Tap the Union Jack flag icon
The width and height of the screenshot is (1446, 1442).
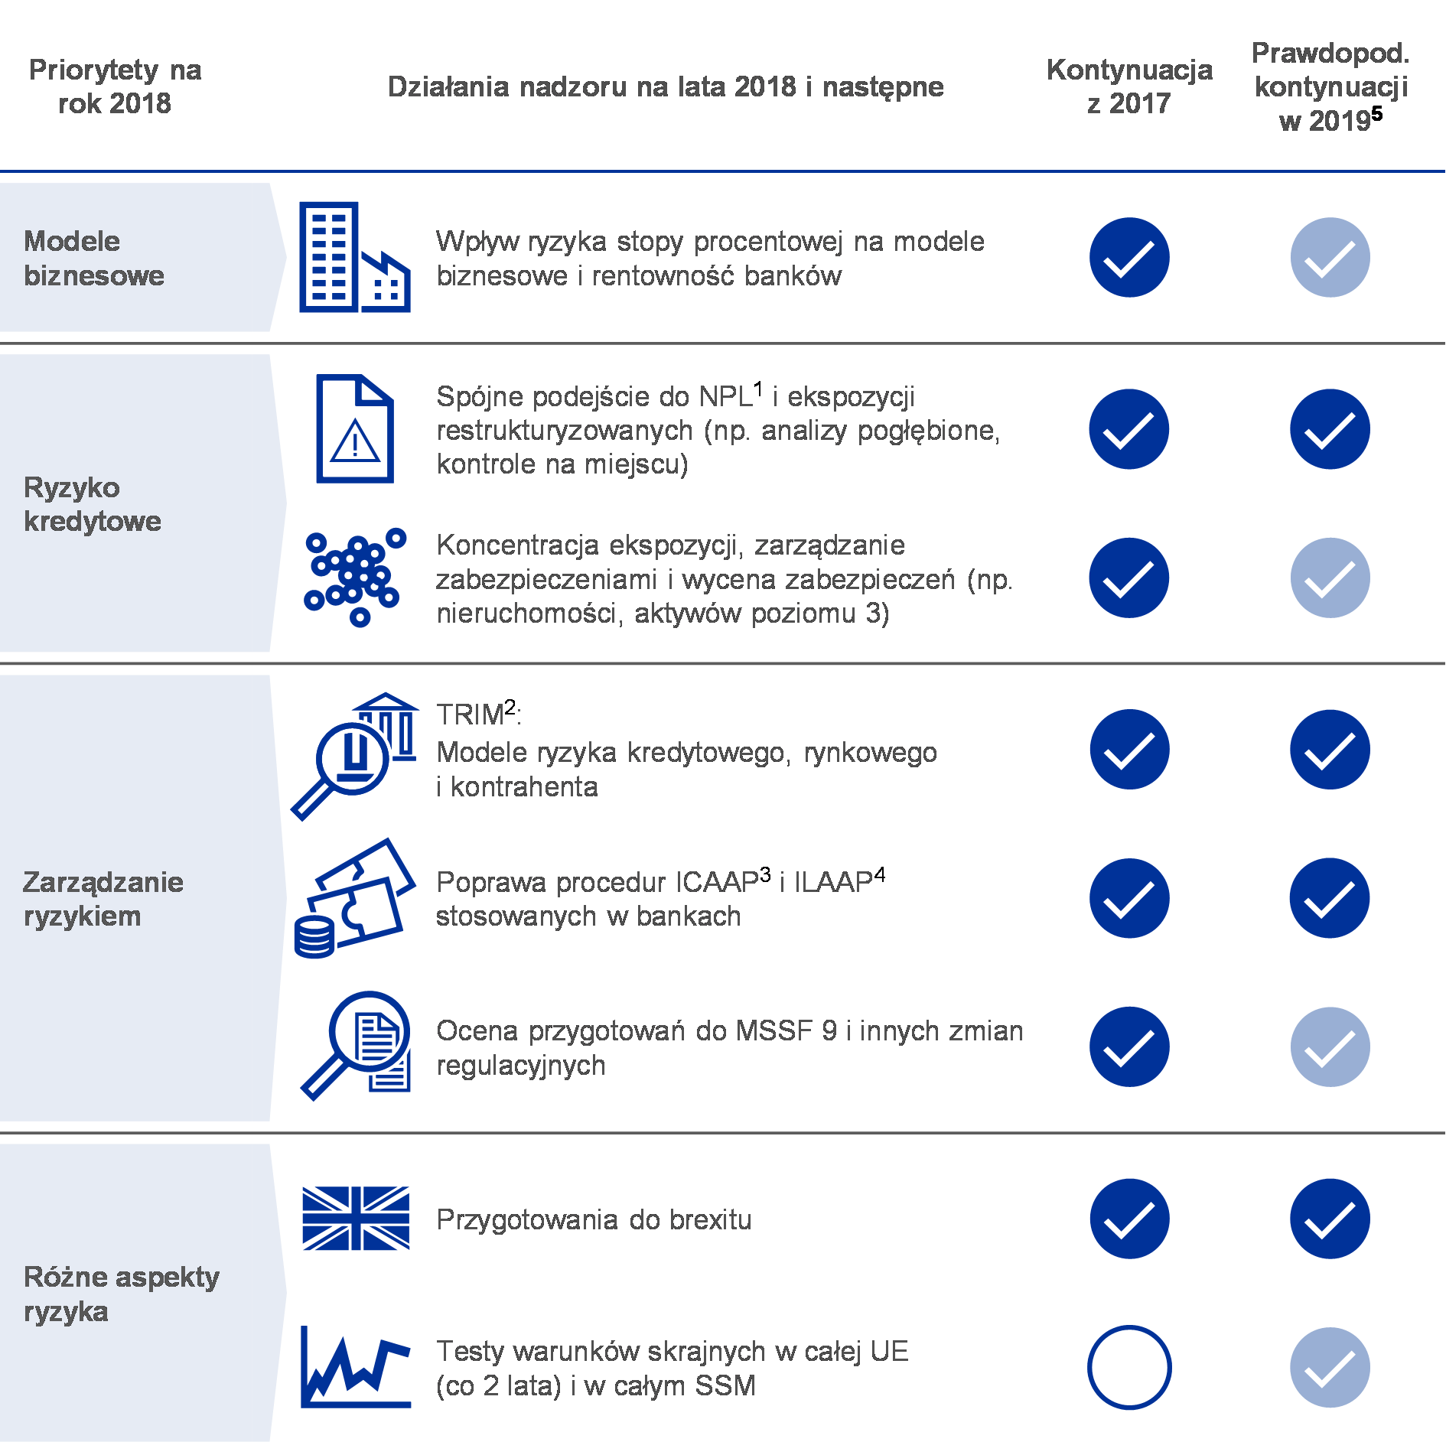356,1218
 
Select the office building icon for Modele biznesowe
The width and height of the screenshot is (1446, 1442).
355,257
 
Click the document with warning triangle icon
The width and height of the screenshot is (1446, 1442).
355,428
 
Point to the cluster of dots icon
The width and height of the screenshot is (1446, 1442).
355,578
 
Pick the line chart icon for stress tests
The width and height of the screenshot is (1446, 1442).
356,1367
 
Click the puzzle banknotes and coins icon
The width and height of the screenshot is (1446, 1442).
355,898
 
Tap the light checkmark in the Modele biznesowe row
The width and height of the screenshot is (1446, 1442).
1330,257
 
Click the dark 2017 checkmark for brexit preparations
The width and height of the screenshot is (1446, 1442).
1129,1219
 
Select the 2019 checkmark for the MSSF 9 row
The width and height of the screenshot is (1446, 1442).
1330,1047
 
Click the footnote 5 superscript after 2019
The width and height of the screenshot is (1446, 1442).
1376,114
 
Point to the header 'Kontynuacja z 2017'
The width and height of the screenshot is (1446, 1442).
1129,86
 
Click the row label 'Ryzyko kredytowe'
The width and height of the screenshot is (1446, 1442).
93,504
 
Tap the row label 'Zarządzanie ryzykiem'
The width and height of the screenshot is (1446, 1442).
103,899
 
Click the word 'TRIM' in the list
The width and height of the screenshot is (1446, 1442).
470,714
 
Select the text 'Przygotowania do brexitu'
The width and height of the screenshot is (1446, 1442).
594,1219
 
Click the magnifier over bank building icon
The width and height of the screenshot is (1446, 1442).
355,757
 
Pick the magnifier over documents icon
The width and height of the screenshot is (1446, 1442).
356,1046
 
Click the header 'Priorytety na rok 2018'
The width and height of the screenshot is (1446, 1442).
115,86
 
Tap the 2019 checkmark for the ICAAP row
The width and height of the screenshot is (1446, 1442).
1330,898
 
